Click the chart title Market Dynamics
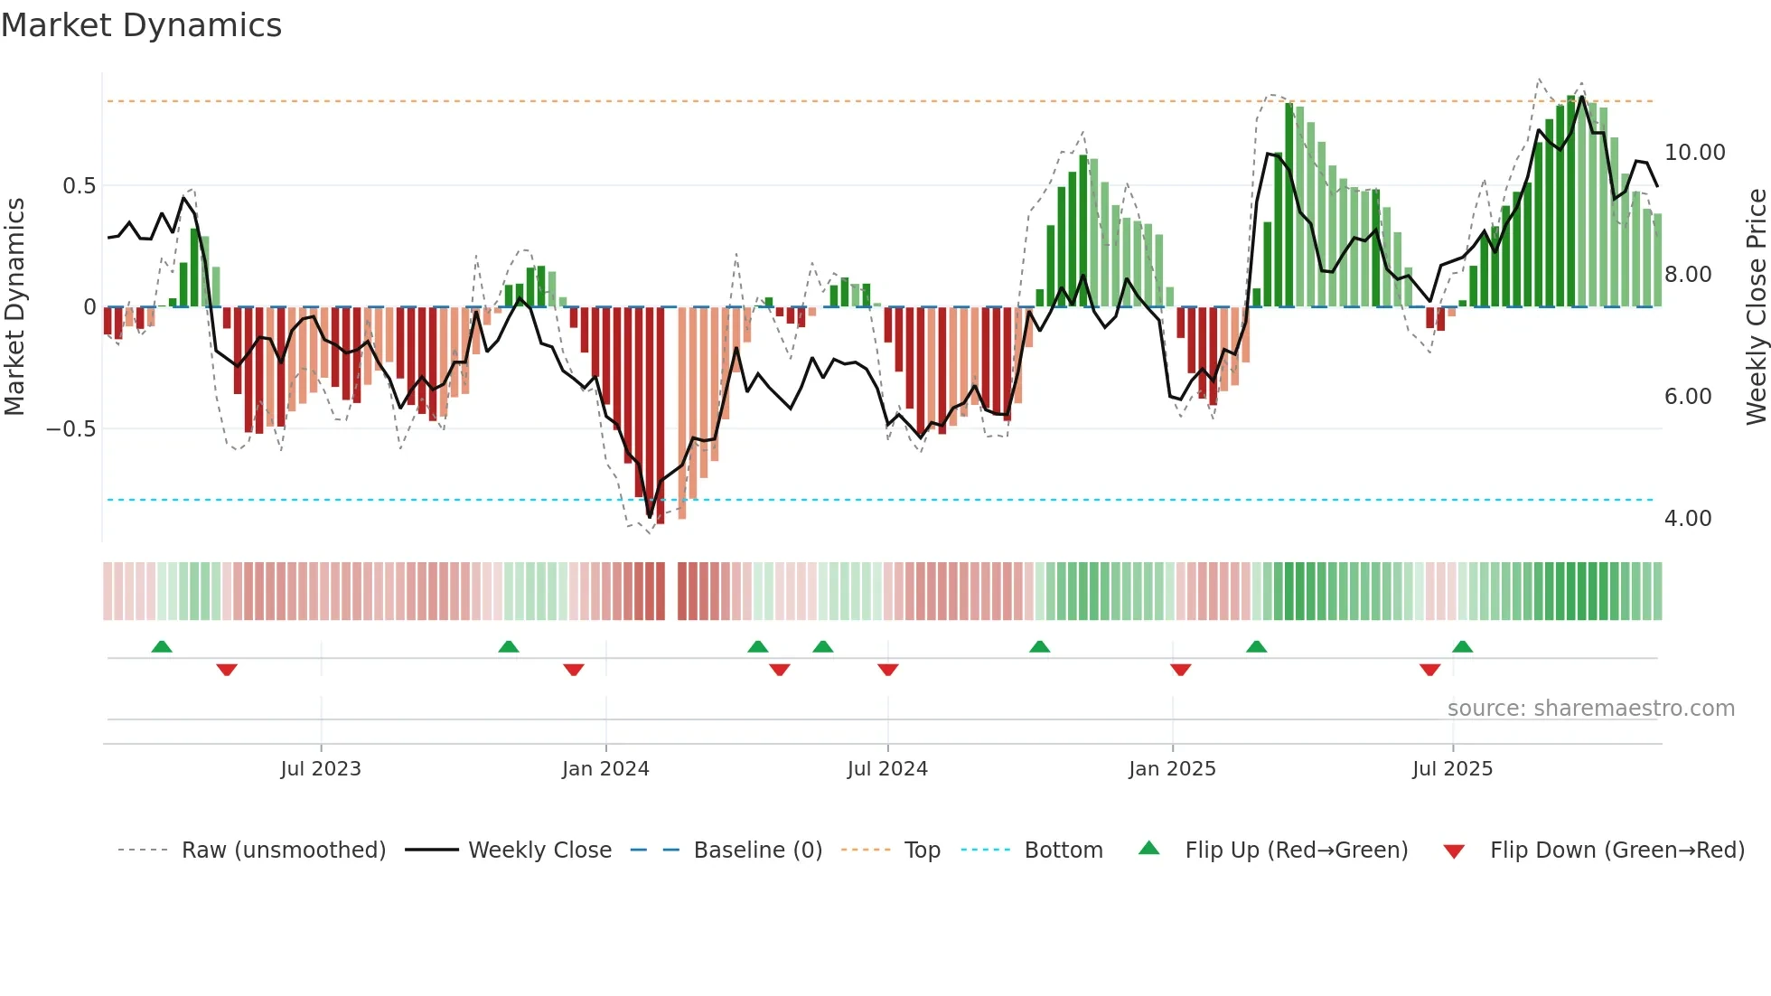[x=141, y=25]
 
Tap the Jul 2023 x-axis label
[x=321, y=769]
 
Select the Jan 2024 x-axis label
[x=605, y=769]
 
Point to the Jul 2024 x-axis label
[x=887, y=769]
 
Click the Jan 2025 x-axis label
[x=1172, y=769]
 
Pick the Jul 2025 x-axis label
[x=1453, y=769]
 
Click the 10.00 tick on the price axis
[x=1695, y=153]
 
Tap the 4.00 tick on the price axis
[x=1688, y=519]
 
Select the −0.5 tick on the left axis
[x=71, y=429]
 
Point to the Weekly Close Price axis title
[x=1756, y=306]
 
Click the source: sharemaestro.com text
[x=1590, y=709]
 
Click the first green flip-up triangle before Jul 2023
[x=162, y=647]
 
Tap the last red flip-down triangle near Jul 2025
[x=1429, y=670]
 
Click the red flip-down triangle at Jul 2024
[x=888, y=670]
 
